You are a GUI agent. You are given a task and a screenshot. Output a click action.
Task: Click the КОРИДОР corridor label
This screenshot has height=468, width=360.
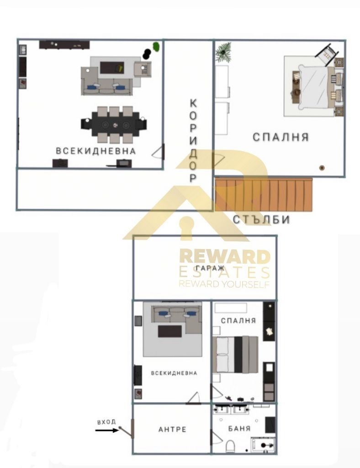[193, 141]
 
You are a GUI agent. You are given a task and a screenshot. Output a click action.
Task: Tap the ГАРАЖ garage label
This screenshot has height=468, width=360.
[210, 268]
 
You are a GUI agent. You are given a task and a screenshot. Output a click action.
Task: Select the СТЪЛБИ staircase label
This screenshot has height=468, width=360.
[261, 220]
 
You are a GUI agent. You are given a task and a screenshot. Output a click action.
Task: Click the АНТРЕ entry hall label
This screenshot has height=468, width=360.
[172, 429]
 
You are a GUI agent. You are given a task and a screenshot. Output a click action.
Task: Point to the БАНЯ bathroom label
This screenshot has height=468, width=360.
[239, 429]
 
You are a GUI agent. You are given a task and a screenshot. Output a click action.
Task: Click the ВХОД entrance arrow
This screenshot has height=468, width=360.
[107, 430]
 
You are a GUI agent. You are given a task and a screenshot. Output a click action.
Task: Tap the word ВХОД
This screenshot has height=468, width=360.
[106, 422]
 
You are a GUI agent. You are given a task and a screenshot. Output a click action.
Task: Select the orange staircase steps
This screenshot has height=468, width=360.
[264, 195]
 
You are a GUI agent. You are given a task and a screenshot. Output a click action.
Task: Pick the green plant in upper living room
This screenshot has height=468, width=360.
[156, 47]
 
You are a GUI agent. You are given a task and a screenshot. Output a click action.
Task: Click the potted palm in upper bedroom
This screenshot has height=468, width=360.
[223, 52]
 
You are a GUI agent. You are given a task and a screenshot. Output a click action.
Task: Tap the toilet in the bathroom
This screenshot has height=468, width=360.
[231, 446]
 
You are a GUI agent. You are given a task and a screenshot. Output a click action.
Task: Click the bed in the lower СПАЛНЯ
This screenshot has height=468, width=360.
[235, 355]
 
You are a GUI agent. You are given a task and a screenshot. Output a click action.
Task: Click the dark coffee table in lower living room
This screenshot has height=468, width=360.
[169, 331]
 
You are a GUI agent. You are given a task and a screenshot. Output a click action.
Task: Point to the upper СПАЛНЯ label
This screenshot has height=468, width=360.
[281, 137]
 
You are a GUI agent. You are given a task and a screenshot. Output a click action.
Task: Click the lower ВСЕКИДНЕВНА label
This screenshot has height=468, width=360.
[174, 373]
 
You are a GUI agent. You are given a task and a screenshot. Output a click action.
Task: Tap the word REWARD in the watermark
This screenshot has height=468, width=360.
[225, 257]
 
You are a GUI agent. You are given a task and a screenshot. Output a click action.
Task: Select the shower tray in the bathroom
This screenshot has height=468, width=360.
[263, 445]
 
